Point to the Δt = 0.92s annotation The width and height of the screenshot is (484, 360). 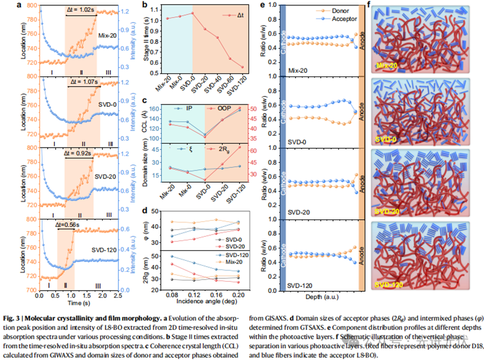pyautogui.click(x=78, y=154)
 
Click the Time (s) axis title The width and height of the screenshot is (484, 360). pyautogui.click(x=77, y=304)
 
